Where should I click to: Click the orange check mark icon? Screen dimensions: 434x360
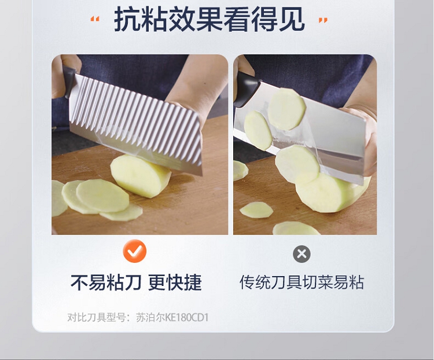pyautogui.click(x=134, y=251)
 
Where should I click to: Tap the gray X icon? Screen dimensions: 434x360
pyautogui.click(x=301, y=254)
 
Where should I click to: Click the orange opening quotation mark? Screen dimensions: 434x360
pyautogui.click(x=95, y=19)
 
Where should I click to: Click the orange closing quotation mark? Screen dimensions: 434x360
pyautogui.click(x=323, y=20)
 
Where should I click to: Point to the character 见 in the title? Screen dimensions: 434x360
pyautogui.click(x=292, y=19)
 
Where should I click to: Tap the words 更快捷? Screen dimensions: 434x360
pyautogui.click(x=175, y=283)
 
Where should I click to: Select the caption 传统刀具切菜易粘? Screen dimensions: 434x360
pyautogui.click(x=301, y=282)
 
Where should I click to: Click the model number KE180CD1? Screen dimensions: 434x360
pyautogui.click(x=186, y=317)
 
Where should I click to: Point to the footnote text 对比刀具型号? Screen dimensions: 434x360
pyautogui.click(x=96, y=317)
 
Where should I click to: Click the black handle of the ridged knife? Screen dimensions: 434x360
pyautogui.click(x=69, y=82)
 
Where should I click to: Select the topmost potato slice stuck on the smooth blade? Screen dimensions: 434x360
pyautogui.click(x=286, y=109)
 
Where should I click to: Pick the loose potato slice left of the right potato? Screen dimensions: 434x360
pyautogui.click(x=256, y=210)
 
